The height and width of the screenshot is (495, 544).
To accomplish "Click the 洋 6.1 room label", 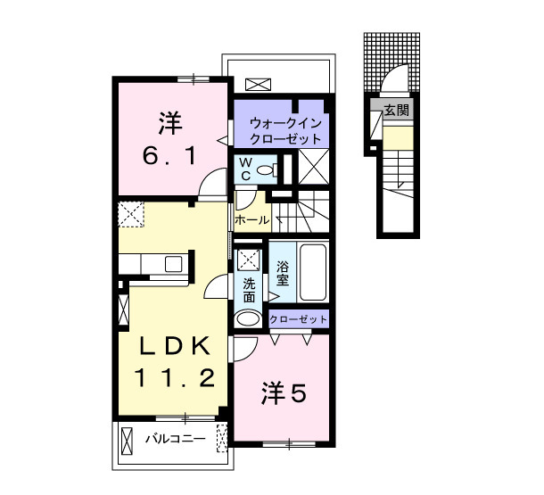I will tap(165, 140).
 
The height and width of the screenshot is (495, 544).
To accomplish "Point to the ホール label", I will tap(251, 219).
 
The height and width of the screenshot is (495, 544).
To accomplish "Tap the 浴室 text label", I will tap(282, 273).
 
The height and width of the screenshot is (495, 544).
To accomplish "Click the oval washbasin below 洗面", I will tap(248, 318).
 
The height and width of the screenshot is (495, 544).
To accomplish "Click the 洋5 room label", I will tap(284, 392).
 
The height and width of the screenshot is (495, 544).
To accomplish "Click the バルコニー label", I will tap(176, 439).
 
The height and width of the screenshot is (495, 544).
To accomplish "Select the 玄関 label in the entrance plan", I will tap(397, 111).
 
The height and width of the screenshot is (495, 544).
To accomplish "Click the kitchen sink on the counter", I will tap(174, 264).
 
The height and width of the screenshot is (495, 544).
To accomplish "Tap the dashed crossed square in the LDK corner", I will tap(133, 215).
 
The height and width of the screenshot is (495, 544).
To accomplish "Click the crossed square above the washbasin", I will tap(248, 260).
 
